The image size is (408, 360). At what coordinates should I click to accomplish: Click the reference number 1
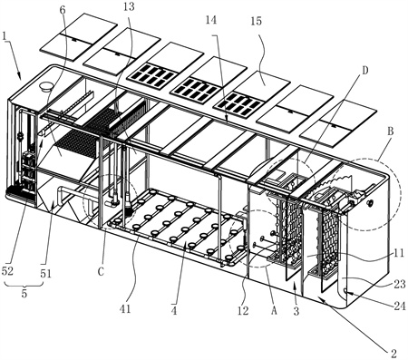(x=5, y=36)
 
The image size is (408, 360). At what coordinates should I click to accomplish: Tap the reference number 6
(x=63, y=10)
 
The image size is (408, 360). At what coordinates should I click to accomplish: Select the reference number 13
(x=129, y=6)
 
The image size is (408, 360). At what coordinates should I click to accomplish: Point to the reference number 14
(x=211, y=20)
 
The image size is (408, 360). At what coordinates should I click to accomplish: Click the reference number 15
(x=257, y=21)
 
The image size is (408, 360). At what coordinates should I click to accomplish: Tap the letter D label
(x=365, y=71)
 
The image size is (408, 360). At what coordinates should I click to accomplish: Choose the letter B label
(x=391, y=131)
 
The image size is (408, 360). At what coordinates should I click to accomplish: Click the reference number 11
(x=399, y=253)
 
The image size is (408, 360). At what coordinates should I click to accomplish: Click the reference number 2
(x=393, y=353)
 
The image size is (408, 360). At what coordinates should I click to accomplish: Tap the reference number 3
(x=296, y=311)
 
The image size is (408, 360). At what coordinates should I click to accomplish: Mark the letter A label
(x=274, y=311)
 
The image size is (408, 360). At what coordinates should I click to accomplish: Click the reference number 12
(x=243, y=311)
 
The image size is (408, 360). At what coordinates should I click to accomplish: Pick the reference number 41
(x=125, y=309)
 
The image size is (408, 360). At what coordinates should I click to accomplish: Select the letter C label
(x=101, y=272)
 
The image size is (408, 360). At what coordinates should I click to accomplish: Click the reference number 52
(x=7, y=271)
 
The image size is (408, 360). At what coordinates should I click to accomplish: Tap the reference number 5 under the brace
(x=24, y=293)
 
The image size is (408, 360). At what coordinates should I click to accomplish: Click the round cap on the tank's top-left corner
(x=46, y=87)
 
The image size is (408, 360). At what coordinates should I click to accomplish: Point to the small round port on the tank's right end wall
(x=369, y=203)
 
